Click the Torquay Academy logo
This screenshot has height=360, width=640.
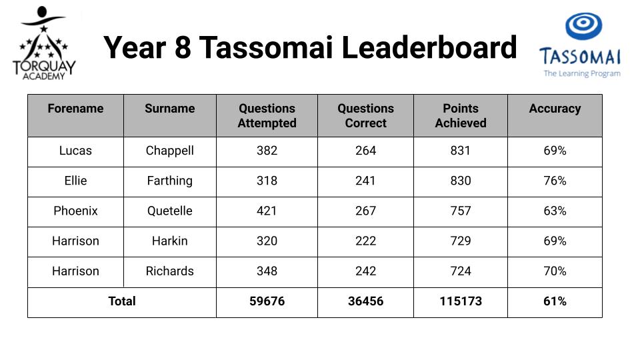(44, 43)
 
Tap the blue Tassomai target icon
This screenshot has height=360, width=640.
(584, 26)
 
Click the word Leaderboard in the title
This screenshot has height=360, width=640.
(429, 47)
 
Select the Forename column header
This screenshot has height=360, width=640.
(75, 109)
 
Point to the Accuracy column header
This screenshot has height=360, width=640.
(555, 109)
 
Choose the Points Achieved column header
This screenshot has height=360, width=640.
(461, 115)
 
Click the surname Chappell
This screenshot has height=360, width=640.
(170, 151)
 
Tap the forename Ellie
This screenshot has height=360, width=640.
(75, 181)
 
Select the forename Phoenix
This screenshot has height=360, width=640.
(75, 211)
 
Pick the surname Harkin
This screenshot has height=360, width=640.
(170, 241)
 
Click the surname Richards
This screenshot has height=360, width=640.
(170, 271)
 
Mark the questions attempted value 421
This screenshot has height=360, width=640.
(267, 211)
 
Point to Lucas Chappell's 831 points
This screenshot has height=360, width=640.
(461, 151)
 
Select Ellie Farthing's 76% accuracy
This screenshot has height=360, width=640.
(555, 181)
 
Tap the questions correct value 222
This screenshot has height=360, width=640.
(365, 241)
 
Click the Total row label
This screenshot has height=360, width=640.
(121, 301)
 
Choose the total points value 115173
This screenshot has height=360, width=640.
(461, 301)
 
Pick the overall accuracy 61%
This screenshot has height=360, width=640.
(555, 301)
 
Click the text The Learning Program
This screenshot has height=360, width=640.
(582, 73)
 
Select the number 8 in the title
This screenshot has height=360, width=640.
(183, 47)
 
